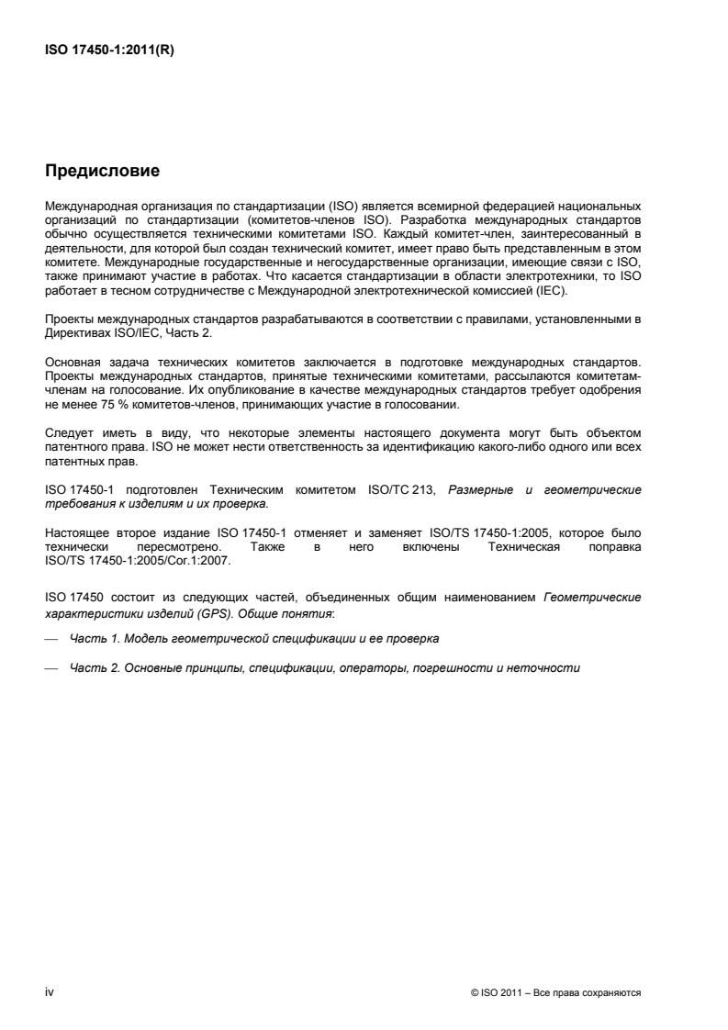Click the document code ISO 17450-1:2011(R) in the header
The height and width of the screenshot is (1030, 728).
point(109,51)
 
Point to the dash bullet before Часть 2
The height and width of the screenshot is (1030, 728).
point(51,668)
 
